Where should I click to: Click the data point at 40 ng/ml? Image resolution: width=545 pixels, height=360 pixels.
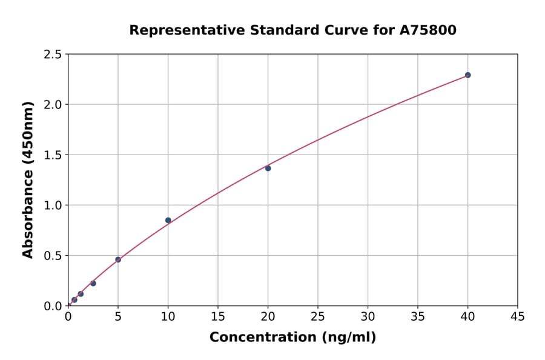pyautogui.click(x=467, y=75)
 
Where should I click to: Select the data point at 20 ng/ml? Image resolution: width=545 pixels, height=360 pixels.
pyautogui.click(x=268, y=168)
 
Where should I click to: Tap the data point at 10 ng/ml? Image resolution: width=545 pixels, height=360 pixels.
pyautogui.click(x=168, y=220)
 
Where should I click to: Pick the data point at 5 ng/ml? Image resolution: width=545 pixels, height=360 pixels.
pyautogui.click(x=118, y=259)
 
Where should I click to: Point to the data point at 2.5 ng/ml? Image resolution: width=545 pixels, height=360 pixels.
pyautogui.click(x=93, y=283)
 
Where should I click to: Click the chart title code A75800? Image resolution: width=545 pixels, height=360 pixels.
pyautogui.click(x=428, y=30)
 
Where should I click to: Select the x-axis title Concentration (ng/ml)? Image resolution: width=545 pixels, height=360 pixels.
pyautogui.click(x=292, y=337)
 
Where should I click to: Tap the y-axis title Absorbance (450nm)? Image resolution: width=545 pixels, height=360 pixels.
pyautogui.click(x=28, y=180)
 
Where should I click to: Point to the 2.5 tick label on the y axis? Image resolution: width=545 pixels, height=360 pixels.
pyautogui.click(x=53, y=55)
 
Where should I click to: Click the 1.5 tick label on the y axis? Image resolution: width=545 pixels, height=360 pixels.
pyautogui.click(x=53, y=155)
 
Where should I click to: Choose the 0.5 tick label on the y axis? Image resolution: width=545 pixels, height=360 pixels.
pyautogui.click(x=53, y=256)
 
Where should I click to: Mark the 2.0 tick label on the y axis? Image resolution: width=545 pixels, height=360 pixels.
pyautogui.click(x=53, y=105)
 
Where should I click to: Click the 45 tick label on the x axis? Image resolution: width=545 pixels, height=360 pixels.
pyautogui.click(x=517, y=316)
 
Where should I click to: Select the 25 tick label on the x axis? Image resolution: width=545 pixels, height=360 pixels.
pyautogui.click(x=317, y=316)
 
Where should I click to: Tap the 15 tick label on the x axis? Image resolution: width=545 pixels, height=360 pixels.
pyautogui.click(x=217, y=316)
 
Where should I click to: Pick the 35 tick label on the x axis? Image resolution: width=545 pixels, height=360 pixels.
pyautogui.click(x=417, y=316)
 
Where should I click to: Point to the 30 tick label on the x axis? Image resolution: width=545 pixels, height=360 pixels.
pyautogui.click(x=368, y=316)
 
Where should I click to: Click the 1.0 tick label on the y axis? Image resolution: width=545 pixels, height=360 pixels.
pyautogui.click(x=53, y=205)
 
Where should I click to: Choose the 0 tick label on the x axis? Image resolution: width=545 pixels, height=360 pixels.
pyautogui.click(x=68, y=316)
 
